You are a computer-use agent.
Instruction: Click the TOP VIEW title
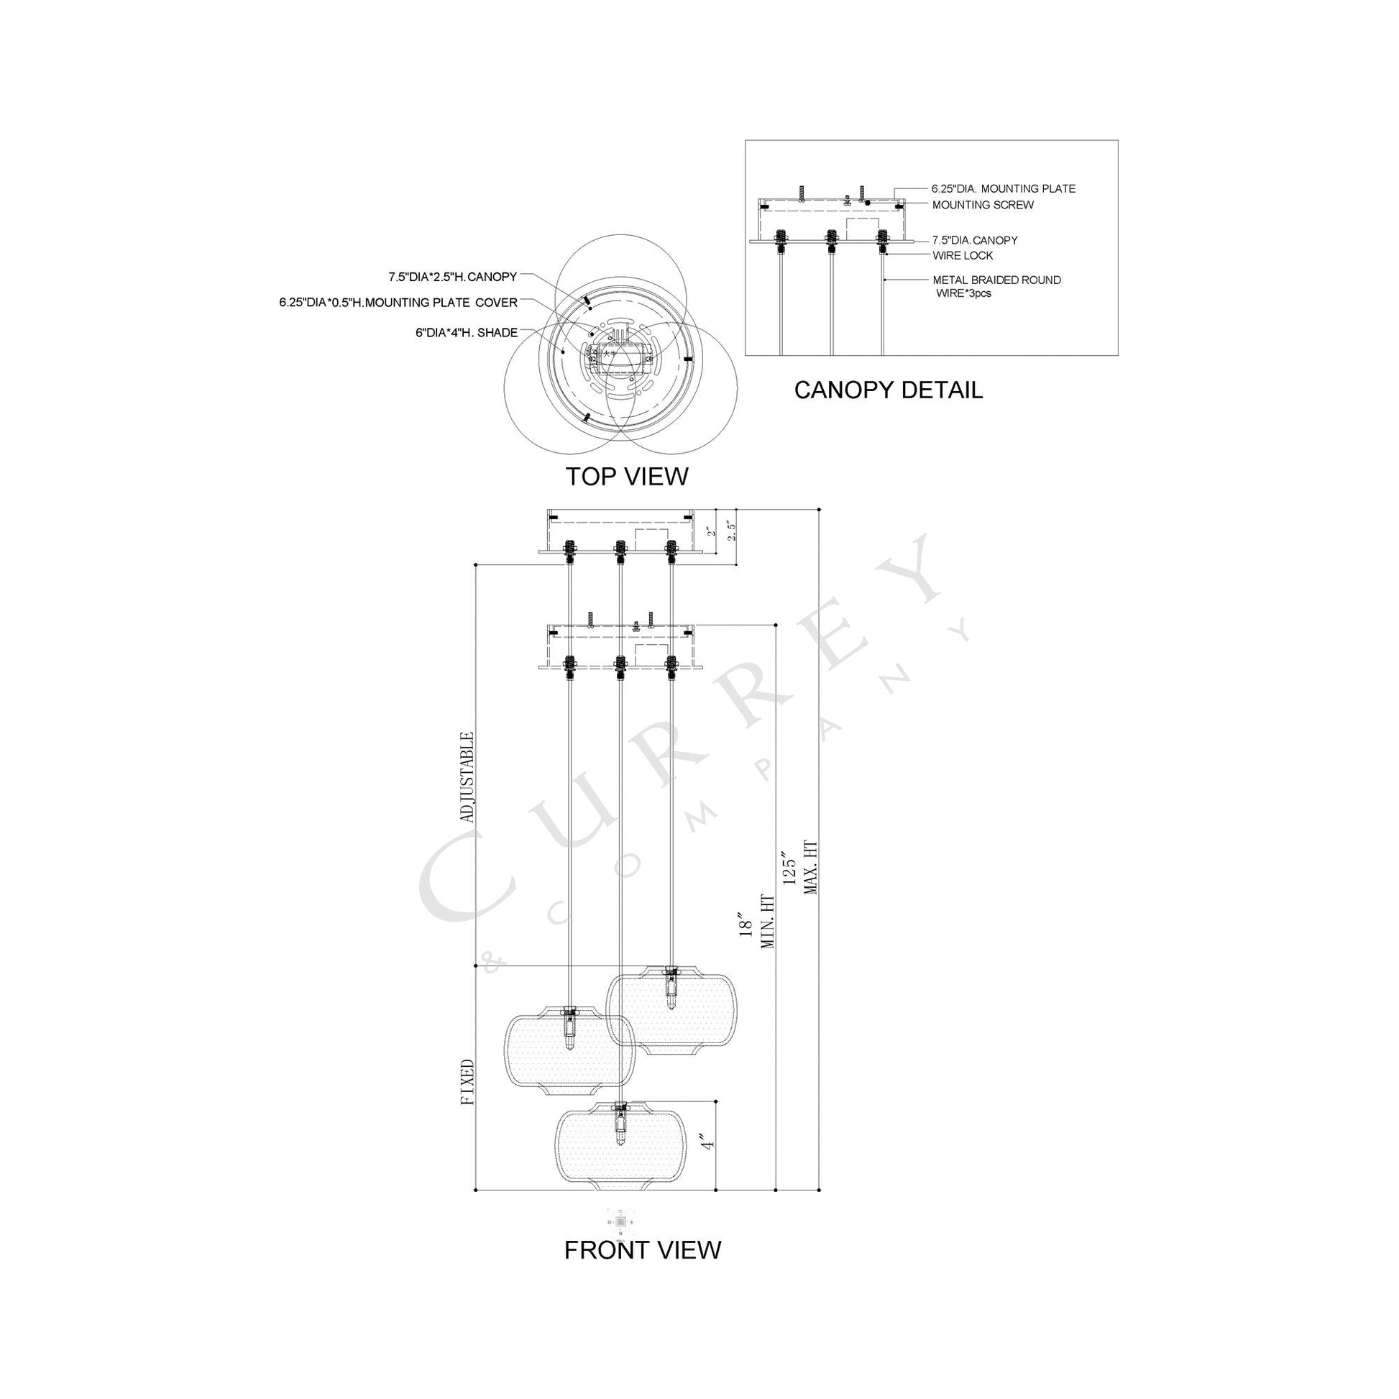click(x=626, y=477)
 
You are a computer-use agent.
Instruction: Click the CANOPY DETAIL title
click(x=888, y=390)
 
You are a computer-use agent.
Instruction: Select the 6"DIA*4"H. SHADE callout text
click(x=467, y=333)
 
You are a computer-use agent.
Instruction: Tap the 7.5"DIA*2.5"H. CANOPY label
click(x=453, y=277)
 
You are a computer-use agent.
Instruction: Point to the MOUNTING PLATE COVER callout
click(x=398, y=303)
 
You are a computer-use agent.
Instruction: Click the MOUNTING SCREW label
click(x=983, y=205)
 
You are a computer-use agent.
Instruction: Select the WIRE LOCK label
click(x=963, y=256)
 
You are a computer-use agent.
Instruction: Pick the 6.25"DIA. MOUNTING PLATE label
click(x=1003, y=189)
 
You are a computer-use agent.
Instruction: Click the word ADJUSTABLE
click(x=468, y=777)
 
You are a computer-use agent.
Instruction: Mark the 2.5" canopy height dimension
click(x=732, y=533)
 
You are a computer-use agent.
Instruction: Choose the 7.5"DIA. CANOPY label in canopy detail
click(x=975, y=240)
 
